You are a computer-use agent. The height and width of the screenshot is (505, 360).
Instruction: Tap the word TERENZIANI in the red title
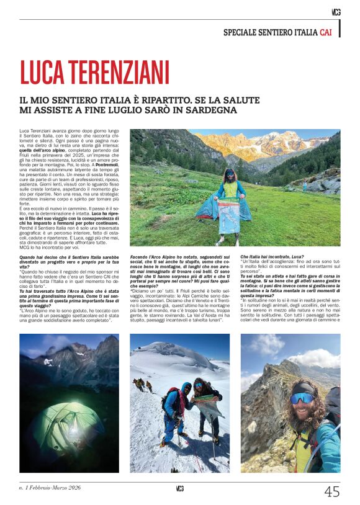point(118,73)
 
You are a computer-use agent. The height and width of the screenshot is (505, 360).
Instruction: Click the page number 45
point(332,491)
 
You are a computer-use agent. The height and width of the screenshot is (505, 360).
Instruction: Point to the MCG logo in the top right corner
point(336,11)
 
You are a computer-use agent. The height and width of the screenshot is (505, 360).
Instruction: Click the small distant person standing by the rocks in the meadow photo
point(304,185)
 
